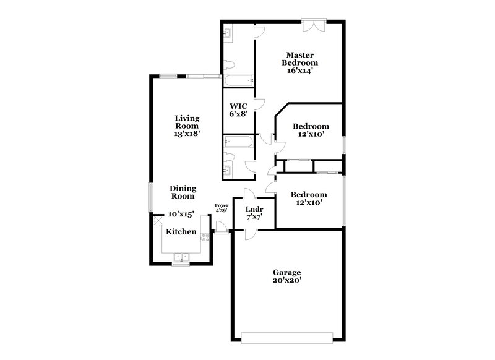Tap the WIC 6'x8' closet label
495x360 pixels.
[238, 109]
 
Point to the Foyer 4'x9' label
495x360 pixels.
[221, 207]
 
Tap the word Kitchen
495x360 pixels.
[181, 232]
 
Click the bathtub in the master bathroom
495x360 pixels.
[238, 80]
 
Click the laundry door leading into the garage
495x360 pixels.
[250, 233]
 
